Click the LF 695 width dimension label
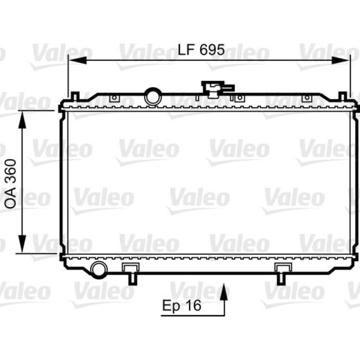tap(201, 50)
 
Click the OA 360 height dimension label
tap(11, 181)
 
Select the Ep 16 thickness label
tap(182, 306)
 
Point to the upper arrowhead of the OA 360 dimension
tap(22, 120)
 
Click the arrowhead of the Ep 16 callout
tap(224, 292)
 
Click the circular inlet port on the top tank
tap(153, 96)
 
